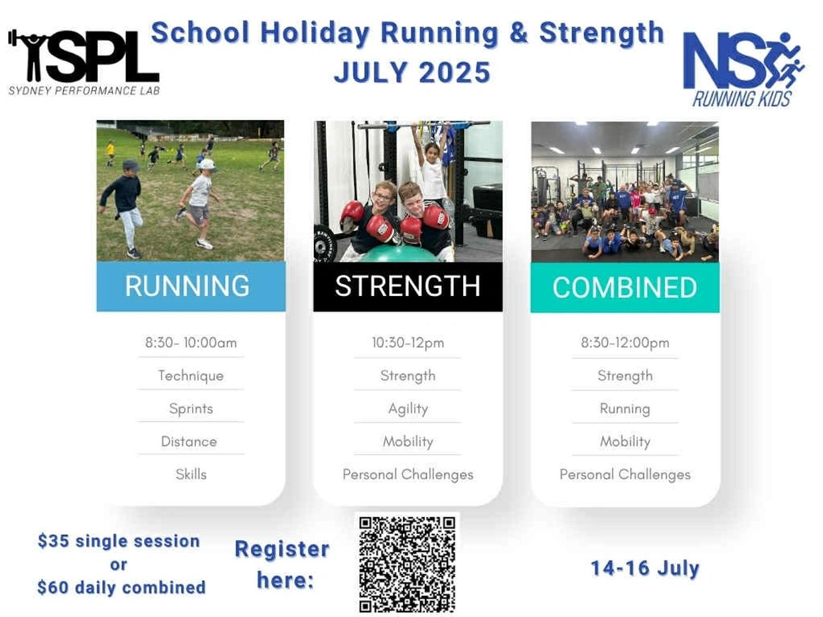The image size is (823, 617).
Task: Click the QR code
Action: coord(408,565)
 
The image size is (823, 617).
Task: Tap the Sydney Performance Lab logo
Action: coord(84,62)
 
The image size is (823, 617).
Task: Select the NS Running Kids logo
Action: coord(743,70)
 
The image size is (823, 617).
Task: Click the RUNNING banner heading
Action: coord(187,286)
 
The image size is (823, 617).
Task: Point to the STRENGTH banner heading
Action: coord(408,286)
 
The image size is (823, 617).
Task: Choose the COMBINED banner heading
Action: coord(625,288)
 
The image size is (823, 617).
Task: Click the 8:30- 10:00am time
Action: coord(191,343)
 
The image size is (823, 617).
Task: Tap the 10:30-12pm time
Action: coord(408,343)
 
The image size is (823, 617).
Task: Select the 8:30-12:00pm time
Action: coord(625,343)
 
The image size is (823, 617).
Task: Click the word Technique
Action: coord(191,376)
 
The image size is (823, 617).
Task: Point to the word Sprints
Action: coord(191,409)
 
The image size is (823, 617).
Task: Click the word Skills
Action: coord(191,474)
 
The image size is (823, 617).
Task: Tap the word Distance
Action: coord(189,442)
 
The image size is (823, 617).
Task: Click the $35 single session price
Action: coord(119,541)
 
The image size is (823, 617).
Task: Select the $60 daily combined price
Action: coord(121,587)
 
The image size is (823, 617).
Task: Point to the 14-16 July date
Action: coord(645,569)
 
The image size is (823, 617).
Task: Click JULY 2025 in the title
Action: coord(412,72)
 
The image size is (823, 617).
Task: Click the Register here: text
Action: coord(282,565)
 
